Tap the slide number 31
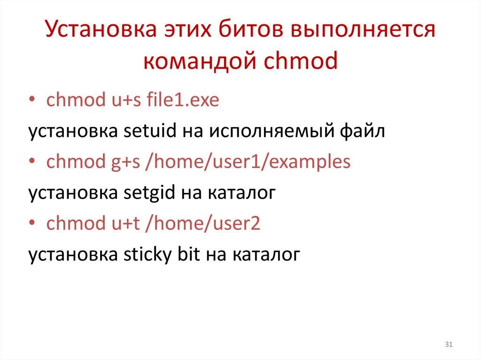pyautogui.click(x=448, y=345)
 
